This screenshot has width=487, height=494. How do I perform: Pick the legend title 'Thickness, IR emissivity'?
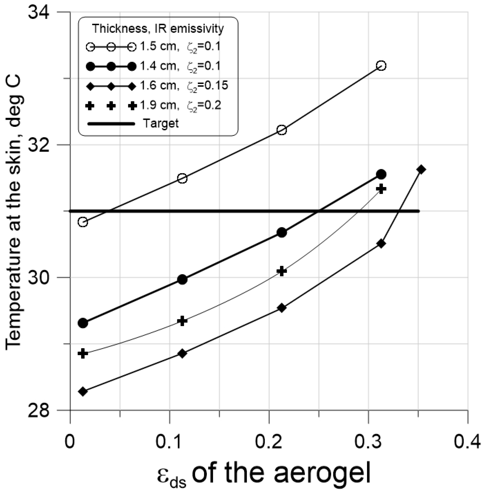point(158,28)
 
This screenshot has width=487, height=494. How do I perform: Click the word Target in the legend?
point(160,124)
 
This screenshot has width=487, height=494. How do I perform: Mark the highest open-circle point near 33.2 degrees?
point(381,66)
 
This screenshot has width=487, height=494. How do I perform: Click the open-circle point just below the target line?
point(83,222)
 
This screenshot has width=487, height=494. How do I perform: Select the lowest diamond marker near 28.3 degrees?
point(83,391)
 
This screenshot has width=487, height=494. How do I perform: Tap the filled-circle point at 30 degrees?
point(182,279)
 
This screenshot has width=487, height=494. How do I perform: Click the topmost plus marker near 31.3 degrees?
point(381,189)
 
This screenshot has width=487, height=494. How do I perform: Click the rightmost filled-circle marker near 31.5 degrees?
point(381,175)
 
